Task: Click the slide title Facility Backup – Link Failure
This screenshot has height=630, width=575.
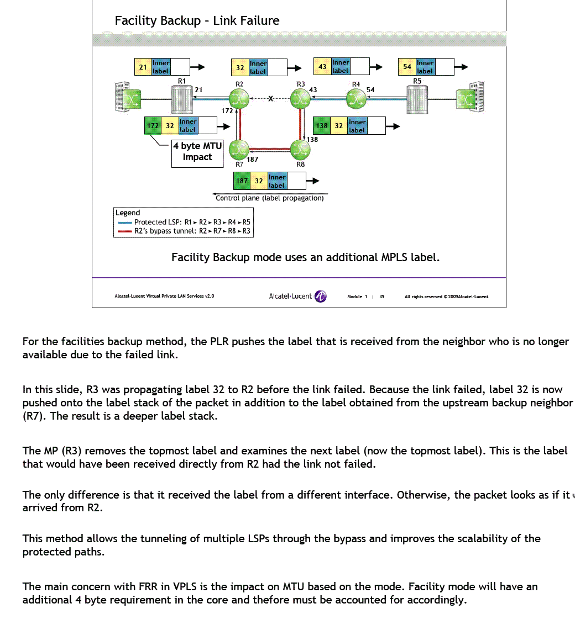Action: tap(197, 21)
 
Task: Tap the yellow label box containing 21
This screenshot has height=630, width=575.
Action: tap(143, 67)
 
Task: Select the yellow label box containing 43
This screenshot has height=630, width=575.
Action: tap(322, 67)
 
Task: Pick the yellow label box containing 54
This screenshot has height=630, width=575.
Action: tap(407, 67)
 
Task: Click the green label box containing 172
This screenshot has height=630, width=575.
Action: tap(152, 126)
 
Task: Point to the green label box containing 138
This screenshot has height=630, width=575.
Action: tap(322, 126)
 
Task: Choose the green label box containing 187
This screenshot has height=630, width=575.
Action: tap(242, 181)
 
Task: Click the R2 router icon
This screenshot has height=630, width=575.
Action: tap(239, 99)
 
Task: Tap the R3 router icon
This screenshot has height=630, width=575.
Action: tap(301, 99)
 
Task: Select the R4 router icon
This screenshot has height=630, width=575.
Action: tap(356, 99)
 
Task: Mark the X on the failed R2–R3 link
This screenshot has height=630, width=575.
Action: tap(270, 99)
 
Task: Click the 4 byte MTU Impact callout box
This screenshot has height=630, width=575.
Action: tap(197, 152)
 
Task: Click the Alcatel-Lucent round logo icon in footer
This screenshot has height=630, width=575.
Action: tap(321, 297)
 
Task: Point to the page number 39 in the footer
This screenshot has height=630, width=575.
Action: tap(381, 297)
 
